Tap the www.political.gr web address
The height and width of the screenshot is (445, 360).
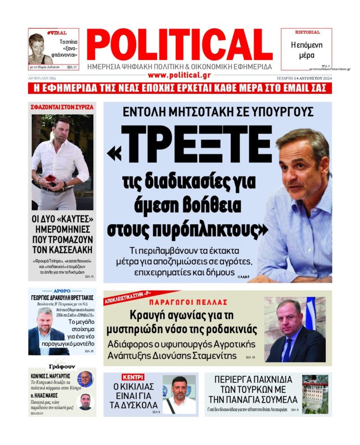pyautogui.click(x=180, y=75)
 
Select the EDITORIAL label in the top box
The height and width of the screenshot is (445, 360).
pyautogui.click(x=307, y=32)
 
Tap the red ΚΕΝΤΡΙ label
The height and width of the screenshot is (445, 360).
pyautogui.click(x=133, y=377)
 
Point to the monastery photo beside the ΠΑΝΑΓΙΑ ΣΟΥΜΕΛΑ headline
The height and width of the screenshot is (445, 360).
pyautogui.click(x=315, y=393)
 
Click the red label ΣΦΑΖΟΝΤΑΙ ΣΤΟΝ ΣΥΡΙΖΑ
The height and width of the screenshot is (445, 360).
pyautogui.click(x=62, y=107)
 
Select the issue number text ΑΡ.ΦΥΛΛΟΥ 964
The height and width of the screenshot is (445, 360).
pyautogui.click(x=42, y=78)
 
